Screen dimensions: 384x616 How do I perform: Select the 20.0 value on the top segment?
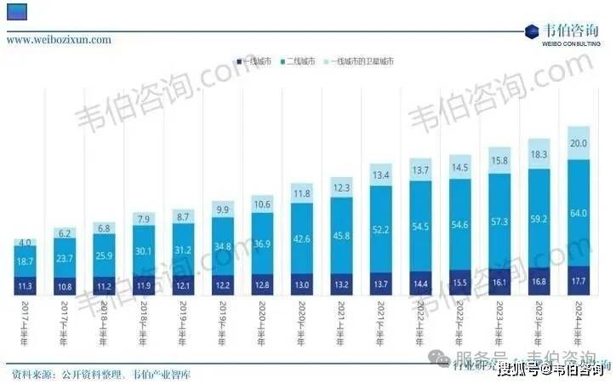[579, 143]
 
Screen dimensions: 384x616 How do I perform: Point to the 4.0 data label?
[26, 243]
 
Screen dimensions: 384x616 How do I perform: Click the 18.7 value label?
[26, 260]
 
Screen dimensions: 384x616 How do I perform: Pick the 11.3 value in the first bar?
[26, 286]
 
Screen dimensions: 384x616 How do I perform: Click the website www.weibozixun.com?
[59, 39]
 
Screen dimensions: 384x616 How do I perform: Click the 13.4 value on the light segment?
[381, 175]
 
